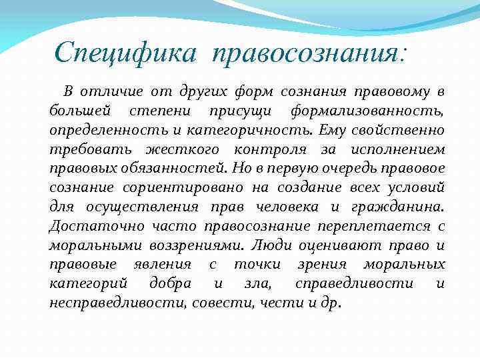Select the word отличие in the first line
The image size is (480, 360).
(109, 91)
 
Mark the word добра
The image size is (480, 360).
(171, 283)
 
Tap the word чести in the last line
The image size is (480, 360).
(273, 303)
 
